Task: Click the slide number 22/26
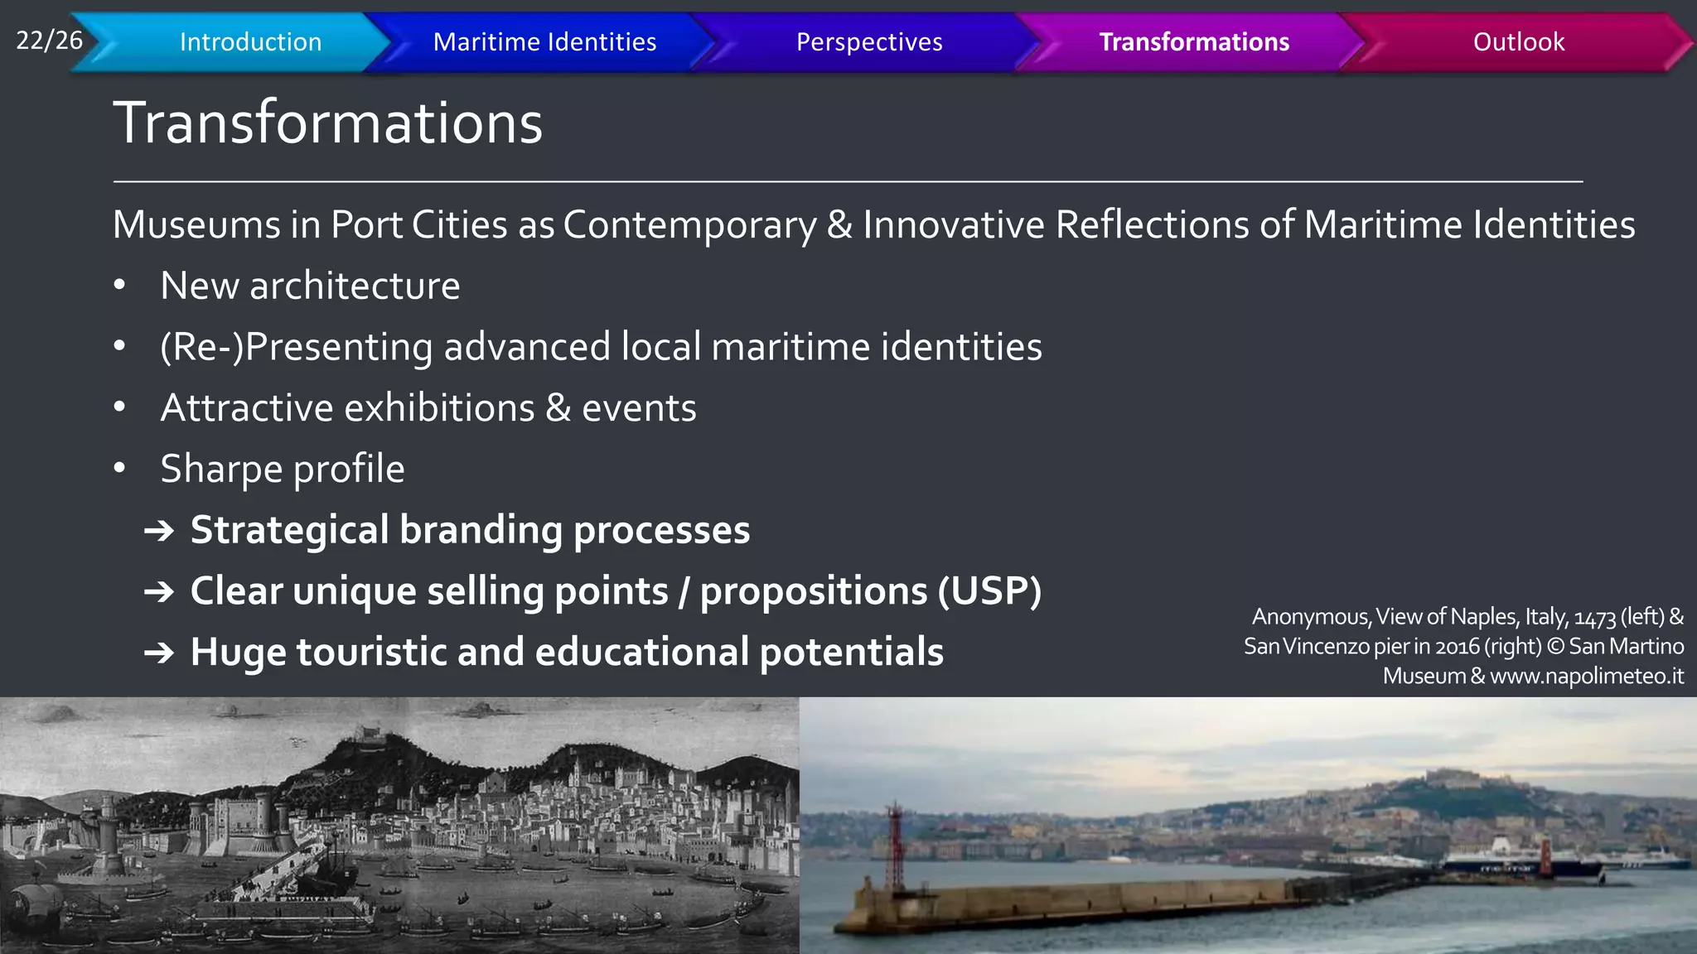(49, 40)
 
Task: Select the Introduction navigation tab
(250, 42)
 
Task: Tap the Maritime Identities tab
(544, 42)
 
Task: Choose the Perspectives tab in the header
(868, 42)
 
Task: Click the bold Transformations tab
(1193, 42)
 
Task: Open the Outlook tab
(1518, 42)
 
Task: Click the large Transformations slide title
(327, 123)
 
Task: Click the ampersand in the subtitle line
(839, 225)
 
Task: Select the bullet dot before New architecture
(119, 285)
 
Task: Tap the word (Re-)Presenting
(296, 347)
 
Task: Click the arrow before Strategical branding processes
(159, 531)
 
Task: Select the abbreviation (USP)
(989, 591)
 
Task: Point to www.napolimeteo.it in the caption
(1587, 677)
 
